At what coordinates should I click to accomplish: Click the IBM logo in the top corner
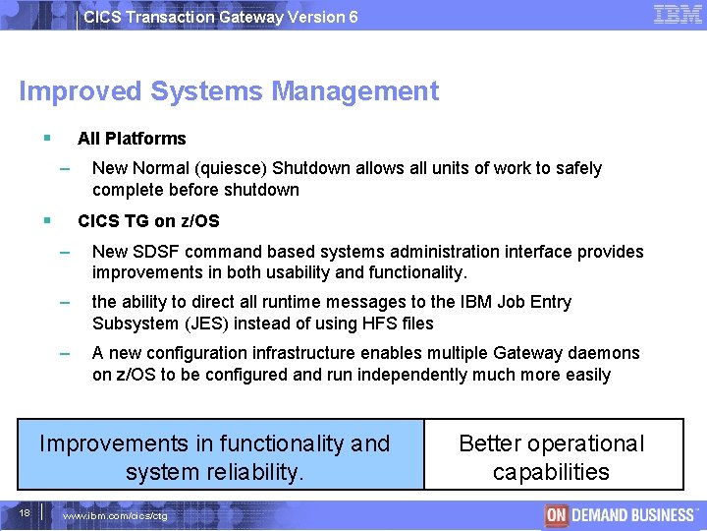678,15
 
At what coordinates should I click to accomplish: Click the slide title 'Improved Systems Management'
229,91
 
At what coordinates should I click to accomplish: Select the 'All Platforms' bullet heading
132,139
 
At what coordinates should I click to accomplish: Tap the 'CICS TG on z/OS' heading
148,221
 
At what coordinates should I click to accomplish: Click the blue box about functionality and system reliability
215,457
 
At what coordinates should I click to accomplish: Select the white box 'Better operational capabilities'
552,457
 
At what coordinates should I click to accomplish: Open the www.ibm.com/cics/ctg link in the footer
115,516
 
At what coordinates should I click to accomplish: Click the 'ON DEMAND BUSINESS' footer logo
620,514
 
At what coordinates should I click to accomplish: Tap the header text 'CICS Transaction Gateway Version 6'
221,17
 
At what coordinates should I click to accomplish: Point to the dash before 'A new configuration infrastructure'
65,352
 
